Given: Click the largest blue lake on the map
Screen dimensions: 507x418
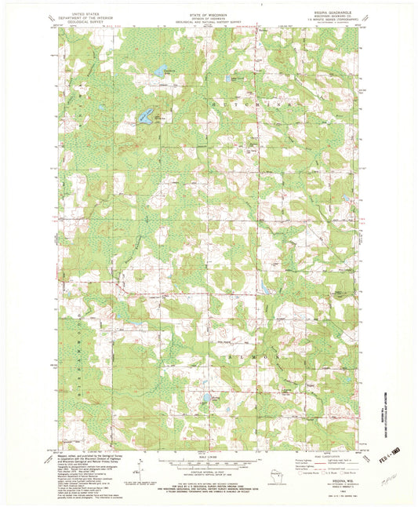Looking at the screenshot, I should pos(146,117).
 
